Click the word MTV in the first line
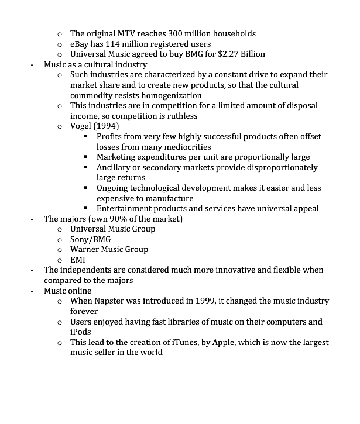click(x=133, y=33)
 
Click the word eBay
click(x=80, y=44)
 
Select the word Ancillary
click(x=117, y=167)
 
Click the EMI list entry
click(x=78, y=260)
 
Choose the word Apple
click(x=230, y=342)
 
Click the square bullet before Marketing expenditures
click(x=85, y=157)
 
